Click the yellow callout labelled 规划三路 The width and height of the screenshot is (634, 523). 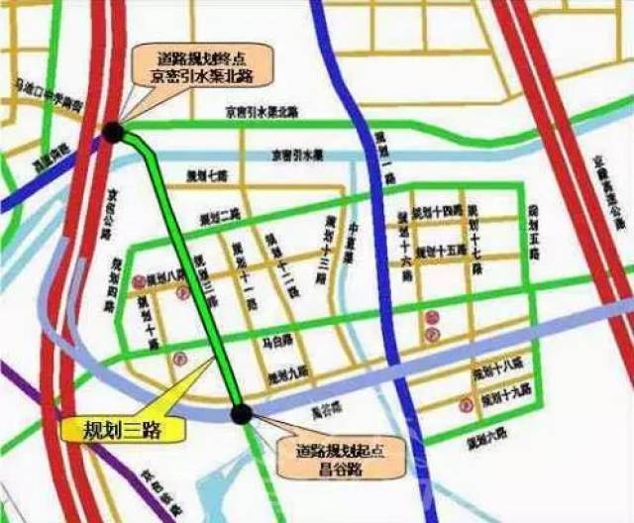point(108,430)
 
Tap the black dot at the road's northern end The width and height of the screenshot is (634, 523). point(114,132)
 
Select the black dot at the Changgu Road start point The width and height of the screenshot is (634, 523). point(241,413)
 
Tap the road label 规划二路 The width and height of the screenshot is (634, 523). point(220,217)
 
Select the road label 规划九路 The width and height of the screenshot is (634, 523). point(288,376)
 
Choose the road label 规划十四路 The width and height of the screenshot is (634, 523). point(437,213)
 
